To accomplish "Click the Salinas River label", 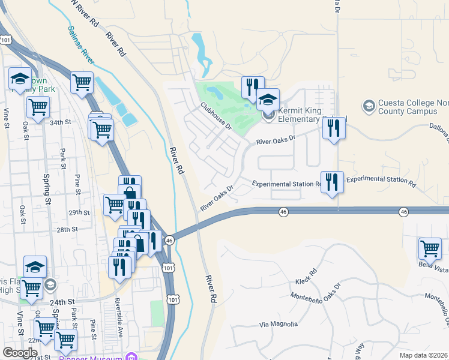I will (x=80, y=44).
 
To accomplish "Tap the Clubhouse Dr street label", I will (x=216, y=116).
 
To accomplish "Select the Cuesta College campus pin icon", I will (x=369, y=106).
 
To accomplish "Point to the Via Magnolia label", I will (x=279, y=324).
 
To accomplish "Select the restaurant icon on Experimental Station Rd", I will (x=332, y=182).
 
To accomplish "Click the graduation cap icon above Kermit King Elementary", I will (x=268, y=98).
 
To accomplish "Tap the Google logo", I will (x=20, y=353).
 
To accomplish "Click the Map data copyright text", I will (x=424, y=355).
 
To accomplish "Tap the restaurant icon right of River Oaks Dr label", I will (x=334, y=128).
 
